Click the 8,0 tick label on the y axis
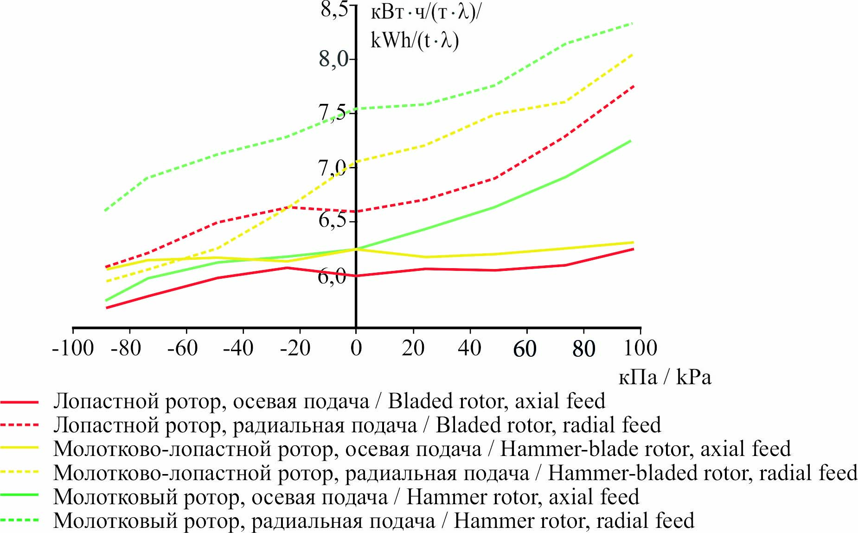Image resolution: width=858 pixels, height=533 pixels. click(x=333, y=59)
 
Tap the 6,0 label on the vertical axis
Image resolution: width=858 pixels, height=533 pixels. click(x=332, y=276)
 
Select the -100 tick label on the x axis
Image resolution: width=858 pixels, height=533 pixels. click(x=73, y=348)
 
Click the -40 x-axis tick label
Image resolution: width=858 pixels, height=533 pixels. click(x=238, y=348)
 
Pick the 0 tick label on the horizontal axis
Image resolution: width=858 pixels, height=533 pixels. click(x=356, y=348)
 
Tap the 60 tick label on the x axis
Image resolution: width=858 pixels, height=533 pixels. click(x=525, y=349)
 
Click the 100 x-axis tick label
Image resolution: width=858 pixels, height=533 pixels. click(x=640, y=348)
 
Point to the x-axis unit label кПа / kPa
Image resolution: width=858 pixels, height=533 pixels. click(x=665, y=378)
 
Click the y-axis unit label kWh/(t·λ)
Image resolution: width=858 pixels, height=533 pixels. click(x=415, y=41)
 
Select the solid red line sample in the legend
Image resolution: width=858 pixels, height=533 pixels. click(x=19, y=402)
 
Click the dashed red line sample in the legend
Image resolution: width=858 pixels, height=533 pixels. click(x=19, y=425)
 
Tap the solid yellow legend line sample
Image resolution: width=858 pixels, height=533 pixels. click(x=19, y=448)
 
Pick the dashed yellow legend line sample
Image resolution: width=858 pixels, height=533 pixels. click(x=19, y=472)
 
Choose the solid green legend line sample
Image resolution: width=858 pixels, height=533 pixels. click(x=19, y=495)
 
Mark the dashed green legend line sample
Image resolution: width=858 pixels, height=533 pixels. click(x=19, y=520)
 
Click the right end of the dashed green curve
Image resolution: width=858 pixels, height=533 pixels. click(x=633, y=23)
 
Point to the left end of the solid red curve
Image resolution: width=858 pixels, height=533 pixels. click(x=107, y=308)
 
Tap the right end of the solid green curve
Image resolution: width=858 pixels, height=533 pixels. click(x=631, y=140)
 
